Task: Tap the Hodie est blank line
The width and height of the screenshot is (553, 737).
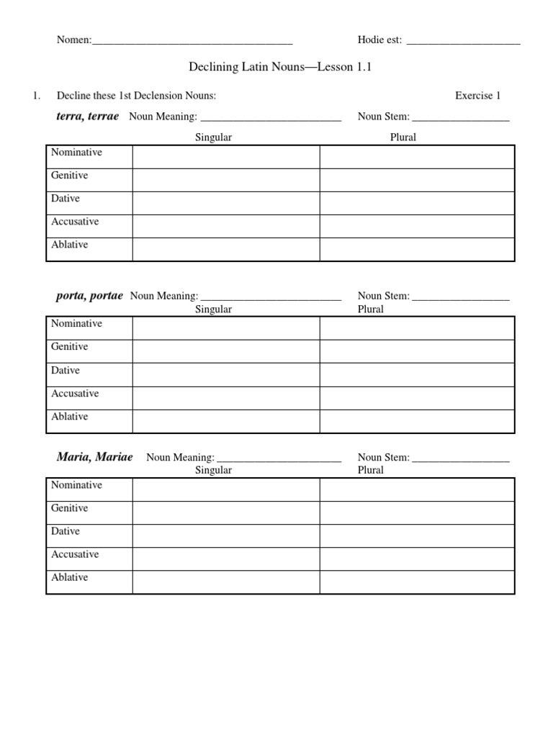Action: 463,42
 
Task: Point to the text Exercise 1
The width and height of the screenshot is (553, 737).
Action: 477,95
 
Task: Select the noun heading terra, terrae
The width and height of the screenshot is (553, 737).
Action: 87,116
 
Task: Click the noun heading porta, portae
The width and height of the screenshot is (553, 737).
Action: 89,295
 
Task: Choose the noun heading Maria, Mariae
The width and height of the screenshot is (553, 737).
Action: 94,456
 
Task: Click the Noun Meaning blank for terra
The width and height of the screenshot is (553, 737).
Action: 270,118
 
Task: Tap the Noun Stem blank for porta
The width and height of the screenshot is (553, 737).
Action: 461,297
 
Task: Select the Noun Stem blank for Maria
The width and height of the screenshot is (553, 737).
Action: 461,458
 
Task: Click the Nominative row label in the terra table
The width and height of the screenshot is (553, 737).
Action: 76,153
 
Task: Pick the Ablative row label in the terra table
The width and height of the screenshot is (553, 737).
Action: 70,245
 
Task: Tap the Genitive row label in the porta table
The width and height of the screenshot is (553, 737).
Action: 70,347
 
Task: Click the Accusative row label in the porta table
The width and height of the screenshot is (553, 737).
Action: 75,394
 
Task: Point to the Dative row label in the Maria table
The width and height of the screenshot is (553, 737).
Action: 66,531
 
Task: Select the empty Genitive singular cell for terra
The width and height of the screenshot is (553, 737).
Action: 225,179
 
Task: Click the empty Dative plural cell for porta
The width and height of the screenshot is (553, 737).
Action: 417,374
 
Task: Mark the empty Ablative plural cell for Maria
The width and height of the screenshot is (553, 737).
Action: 417,582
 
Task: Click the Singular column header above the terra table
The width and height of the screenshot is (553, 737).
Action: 214,137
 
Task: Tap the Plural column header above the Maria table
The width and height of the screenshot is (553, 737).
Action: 371,470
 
